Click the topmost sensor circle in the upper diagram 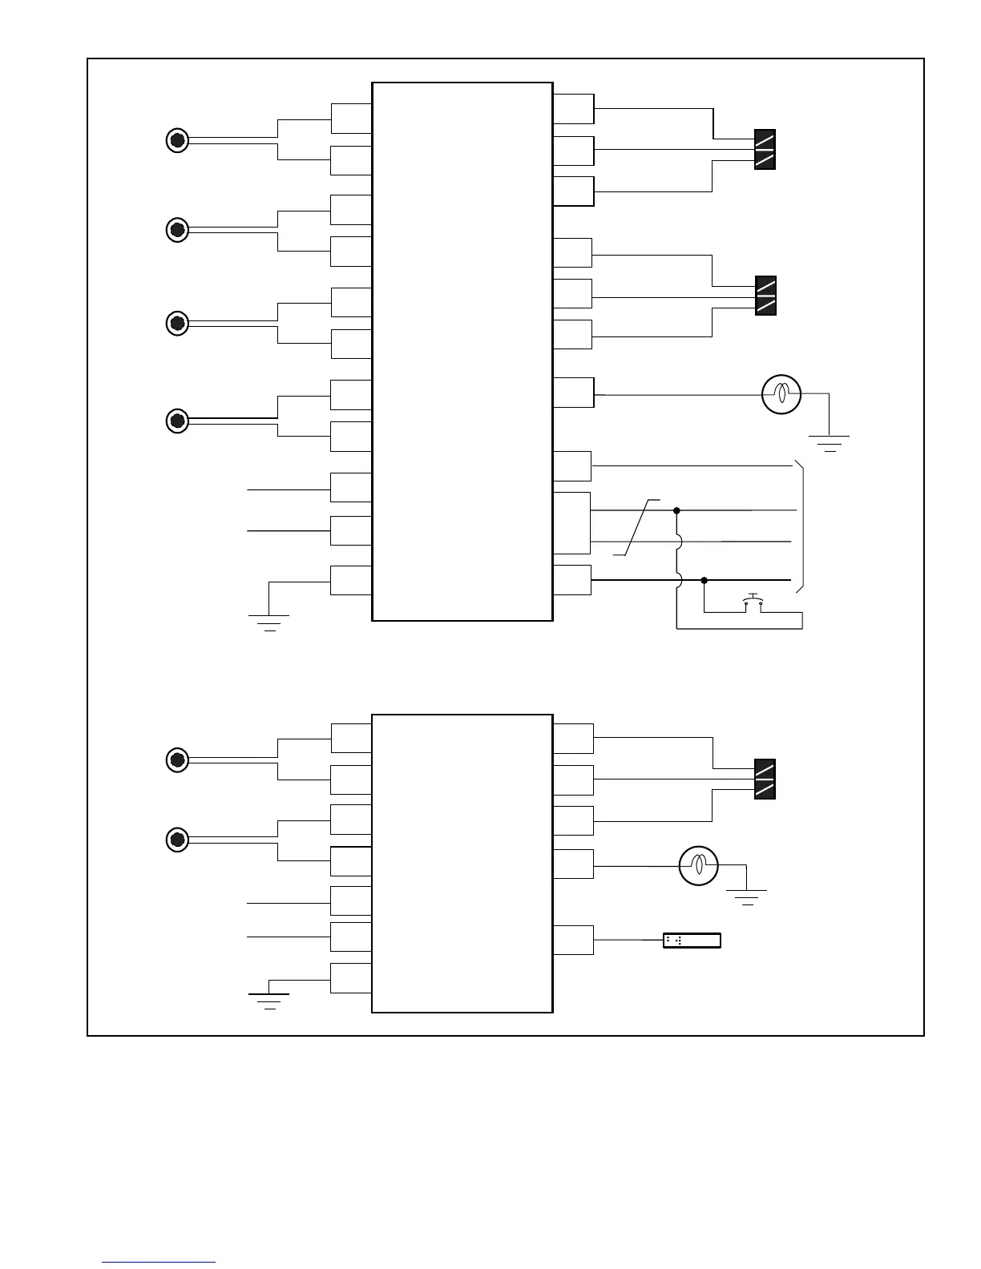177,141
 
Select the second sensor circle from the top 177,230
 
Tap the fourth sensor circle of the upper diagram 177,421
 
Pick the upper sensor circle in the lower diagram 177,759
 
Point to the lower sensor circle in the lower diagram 177,840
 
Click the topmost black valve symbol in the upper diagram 765,149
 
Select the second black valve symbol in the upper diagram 765,296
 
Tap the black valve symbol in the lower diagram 765,780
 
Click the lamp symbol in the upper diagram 781,394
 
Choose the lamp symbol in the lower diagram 698,865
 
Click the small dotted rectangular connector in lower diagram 692,941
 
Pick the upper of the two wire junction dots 676,510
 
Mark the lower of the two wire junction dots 704,580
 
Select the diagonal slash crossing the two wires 638,526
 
